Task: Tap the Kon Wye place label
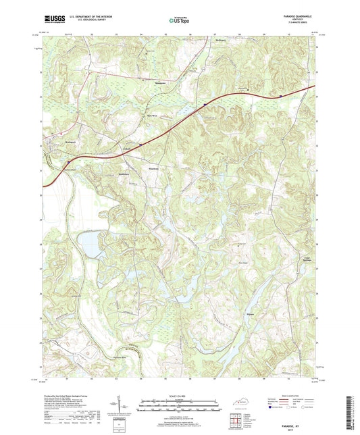coord(153,116)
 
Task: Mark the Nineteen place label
coord(153,168)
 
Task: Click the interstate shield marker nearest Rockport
coord(68,162)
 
